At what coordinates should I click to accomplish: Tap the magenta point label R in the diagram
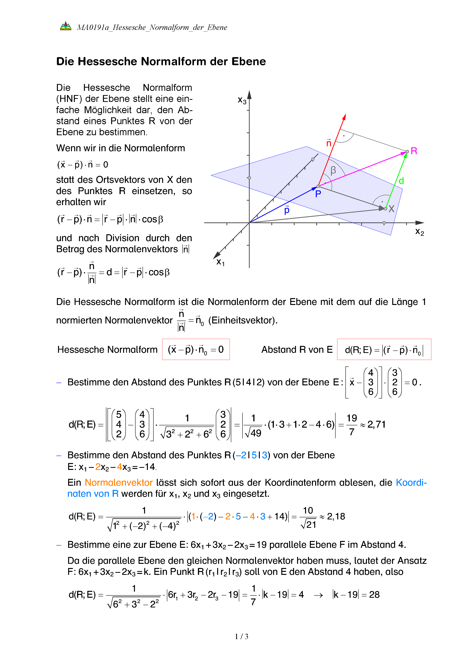(x=414, y=151)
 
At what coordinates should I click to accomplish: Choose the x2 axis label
(x=419, y=232)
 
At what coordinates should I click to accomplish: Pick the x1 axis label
(x=220, y=262)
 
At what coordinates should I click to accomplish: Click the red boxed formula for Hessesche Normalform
(x=196, y=349)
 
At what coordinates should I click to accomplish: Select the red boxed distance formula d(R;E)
(x=384, y=349)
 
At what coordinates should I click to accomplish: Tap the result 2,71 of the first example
(x=376, y=425)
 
